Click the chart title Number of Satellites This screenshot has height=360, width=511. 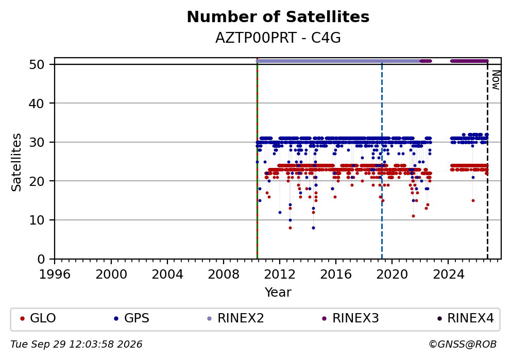[278, 17]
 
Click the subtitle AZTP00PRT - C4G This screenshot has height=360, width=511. [278, 38]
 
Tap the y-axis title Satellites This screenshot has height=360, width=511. [16, 162]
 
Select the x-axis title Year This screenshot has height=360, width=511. [278, 292]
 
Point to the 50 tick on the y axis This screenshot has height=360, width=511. [37, 64]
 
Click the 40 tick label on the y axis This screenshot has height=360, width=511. [37, 104]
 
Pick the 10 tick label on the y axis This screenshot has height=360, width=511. [37, 220]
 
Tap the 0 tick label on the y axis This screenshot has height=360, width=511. [41, 260]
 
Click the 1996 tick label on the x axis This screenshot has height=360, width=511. [55, 275]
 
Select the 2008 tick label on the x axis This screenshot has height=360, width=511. [224, 275]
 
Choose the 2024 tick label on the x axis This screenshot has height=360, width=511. [448, 275]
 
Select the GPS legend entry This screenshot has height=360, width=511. [132, 318]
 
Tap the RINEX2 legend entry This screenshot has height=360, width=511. [235, 318]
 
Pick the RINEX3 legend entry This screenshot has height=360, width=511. [351, 318]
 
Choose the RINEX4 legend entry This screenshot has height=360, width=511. [466, 318]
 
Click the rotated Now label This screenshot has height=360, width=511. [496, 80]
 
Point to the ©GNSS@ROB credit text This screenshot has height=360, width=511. [463, 345]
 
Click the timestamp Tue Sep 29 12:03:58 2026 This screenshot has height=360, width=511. [76, 345]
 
